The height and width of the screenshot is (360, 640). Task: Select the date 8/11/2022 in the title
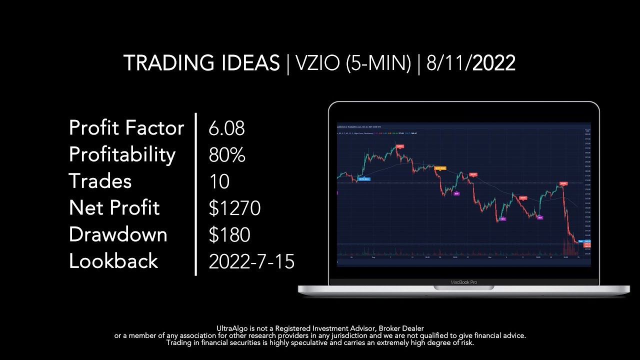[x=471, y=63]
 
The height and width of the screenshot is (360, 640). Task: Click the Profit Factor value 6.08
[x=226, y=128]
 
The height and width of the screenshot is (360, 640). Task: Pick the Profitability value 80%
[x=226, y=155]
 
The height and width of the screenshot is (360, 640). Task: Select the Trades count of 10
[x=219, y=181]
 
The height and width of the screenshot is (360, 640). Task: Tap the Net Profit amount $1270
[x=234, y=208]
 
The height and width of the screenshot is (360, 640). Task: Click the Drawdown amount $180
[x=229, y=234]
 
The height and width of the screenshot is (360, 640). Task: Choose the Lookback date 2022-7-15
[x=251, y=261]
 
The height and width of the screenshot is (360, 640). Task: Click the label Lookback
[x=113, y=261]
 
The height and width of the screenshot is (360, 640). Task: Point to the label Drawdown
[x=118, y=234]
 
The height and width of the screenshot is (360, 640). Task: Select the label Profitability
[x=122, y=155]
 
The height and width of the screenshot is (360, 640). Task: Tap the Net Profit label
[x=114, y=208]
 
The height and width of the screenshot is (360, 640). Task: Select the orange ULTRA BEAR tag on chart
[x=440, y=168]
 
